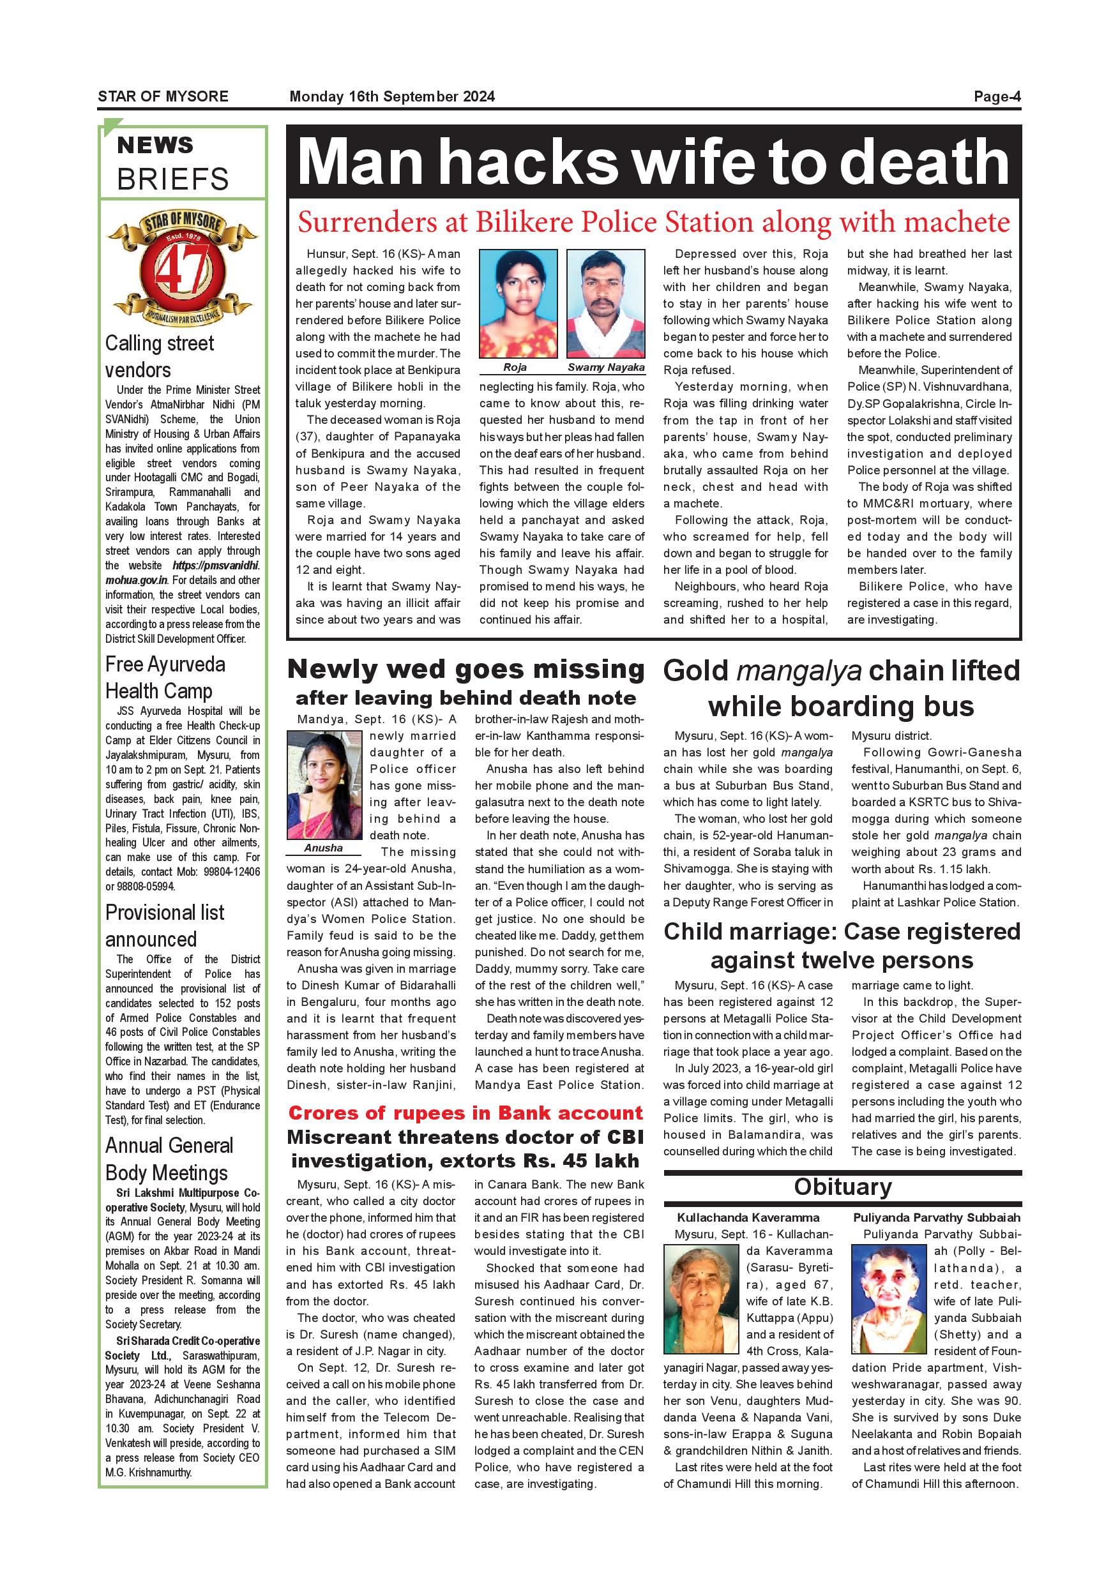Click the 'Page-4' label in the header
[x=997, y=96]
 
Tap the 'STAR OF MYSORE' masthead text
[x=163, y=96]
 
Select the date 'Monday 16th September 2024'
[x=391, y=96]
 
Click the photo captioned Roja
[x=518, y=303]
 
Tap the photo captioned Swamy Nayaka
[x=605, y=303]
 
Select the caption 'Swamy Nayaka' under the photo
[x=605, y=368]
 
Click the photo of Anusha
[x=324, y=785]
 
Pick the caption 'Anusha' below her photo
[x=324, y=848]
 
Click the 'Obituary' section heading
[x=842, y=1187]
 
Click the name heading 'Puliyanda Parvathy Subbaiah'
[x=936, y=1218]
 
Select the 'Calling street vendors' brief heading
[x=160, y=356]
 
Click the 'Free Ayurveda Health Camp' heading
[x=165, y=677]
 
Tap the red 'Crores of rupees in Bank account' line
[x=465, y=1113]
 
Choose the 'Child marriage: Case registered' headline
[x=842, y=931]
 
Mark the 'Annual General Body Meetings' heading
[x=170, y=1159]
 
